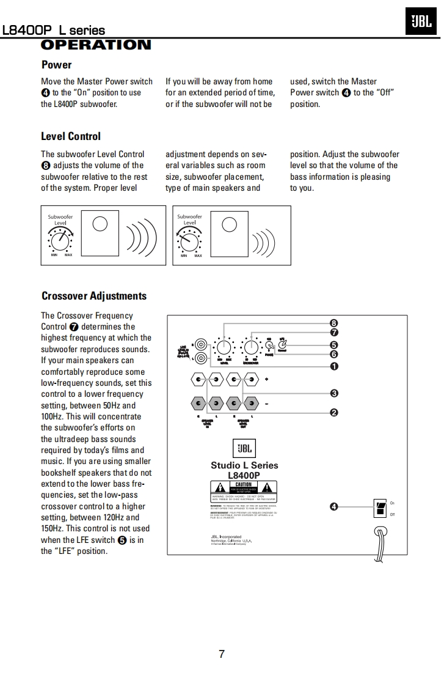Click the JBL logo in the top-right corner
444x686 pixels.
pos(421,23)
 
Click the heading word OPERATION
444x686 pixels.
pos(96,45)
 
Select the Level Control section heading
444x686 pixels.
pos(71,136)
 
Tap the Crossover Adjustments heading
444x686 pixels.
pos(94,296)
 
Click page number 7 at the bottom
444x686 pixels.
pos(222,654)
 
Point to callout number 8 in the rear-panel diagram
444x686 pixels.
pos(334,323)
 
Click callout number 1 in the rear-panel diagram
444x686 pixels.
pos(334,366)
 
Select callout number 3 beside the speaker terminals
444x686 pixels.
pos(334,393)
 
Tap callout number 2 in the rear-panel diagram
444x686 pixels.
pos(334,413)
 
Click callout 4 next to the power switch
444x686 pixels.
pos(333,507)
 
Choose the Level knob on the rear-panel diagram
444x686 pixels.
pos(224,348)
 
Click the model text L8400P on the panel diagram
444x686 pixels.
pos(244,475)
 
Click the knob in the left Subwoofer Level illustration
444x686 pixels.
pos(60,241)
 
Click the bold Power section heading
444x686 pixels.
pos(56,65)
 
